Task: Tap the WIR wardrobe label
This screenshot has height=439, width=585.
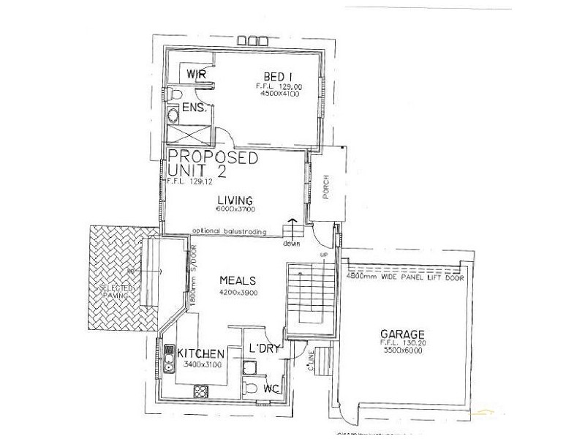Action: tap(196, 75)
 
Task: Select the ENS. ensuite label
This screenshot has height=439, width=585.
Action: tap(195, 109)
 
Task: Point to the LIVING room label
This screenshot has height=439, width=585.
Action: tap(235, 200)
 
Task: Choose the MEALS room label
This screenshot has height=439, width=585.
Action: tap(238, 280)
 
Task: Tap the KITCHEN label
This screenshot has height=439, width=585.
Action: tap(201, 353)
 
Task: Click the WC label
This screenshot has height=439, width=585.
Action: tap(273, 385)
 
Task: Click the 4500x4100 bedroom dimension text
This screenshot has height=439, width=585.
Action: tap(276, 94)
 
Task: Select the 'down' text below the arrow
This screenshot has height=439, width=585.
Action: tap(292, 243)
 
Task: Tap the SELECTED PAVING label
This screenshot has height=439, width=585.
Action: tap(118, 293)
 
